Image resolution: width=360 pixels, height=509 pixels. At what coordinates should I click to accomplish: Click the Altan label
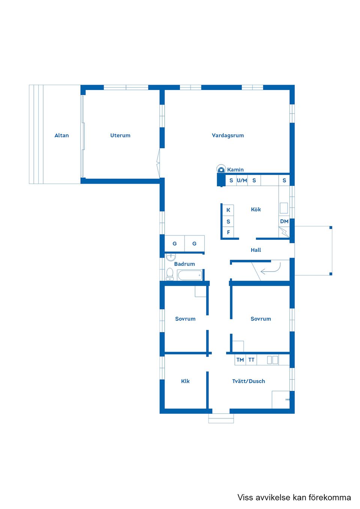coord(61,135)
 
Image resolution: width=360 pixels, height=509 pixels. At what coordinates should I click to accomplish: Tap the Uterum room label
coord(120,135)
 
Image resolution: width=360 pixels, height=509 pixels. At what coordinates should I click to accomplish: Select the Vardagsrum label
coord(228,135)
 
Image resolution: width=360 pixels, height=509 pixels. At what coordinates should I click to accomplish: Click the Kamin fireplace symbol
coord(221,169)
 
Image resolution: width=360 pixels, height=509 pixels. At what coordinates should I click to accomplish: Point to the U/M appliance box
coord(242,180)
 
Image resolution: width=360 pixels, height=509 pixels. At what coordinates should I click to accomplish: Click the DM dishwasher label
coord(284,221)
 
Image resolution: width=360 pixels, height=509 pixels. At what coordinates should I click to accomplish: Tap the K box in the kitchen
coord(228,210)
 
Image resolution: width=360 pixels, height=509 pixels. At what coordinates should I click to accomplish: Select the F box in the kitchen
coord(228,232)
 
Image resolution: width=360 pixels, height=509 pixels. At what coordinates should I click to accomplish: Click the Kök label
coord(256,210)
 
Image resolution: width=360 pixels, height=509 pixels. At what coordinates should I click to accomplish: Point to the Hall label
coord(256,250)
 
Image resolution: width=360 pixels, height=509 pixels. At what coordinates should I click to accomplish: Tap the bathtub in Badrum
coord(190,275)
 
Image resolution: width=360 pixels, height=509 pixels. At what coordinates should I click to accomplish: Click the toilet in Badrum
coord(170,274)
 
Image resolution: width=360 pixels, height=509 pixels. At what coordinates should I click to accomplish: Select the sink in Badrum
coord(171,257)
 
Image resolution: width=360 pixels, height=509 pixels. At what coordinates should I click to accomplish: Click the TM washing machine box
coord(240,360)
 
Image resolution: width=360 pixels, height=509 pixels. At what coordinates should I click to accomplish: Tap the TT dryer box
coord(251,360)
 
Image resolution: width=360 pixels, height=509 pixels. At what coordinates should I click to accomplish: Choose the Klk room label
coord(185,381)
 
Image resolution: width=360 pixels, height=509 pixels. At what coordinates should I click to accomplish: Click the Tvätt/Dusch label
coord(248,381)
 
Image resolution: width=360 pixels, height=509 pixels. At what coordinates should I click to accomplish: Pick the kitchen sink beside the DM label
coord(283,208)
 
